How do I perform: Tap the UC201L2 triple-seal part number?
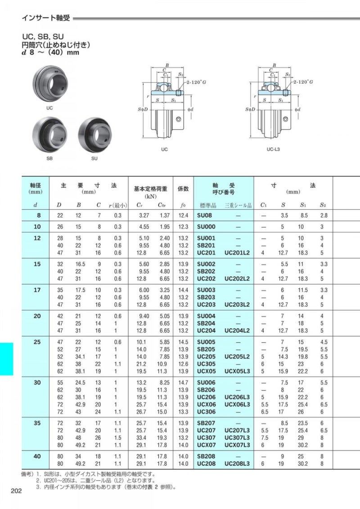point(237,253)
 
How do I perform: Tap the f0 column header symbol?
point(183,205)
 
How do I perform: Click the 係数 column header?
point(183,189)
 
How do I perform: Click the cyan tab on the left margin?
point(7,359)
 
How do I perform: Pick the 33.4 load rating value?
point(142,438)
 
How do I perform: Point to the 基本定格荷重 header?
point(151,189)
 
